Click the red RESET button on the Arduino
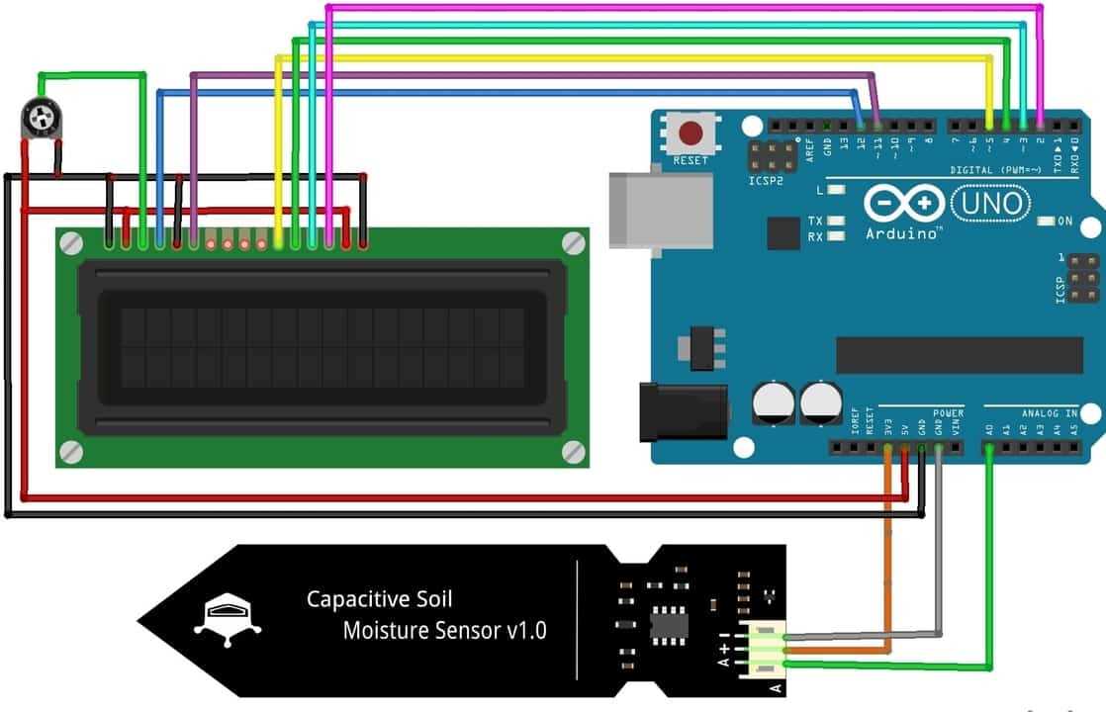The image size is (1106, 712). (690, 133)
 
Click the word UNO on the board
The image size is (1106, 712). (989, 205)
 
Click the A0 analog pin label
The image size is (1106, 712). (990, 429)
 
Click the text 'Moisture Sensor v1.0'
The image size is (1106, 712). (444, 630)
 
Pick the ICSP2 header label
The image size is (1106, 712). (766, 182)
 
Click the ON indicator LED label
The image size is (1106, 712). (1064, 222)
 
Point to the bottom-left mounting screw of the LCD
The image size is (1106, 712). (70, 452)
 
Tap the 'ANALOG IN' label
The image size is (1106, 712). (1050, 412)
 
